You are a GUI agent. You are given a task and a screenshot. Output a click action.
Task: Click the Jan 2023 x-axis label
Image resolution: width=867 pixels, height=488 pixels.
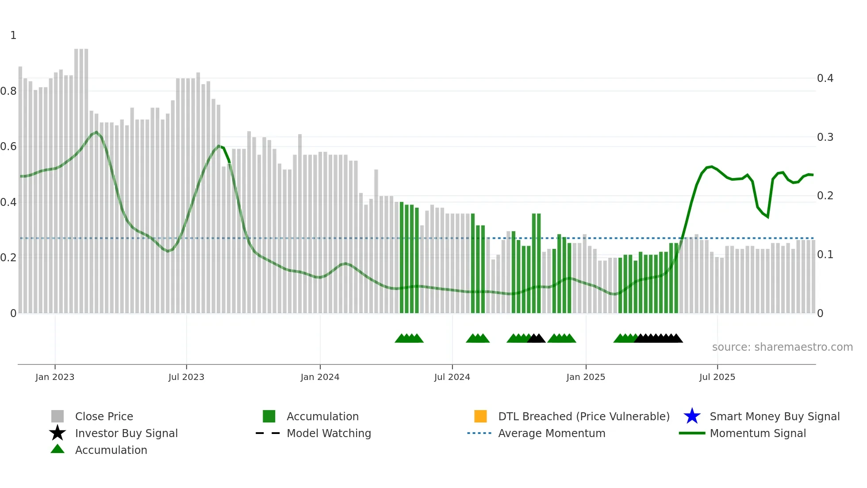[x=55, y=377]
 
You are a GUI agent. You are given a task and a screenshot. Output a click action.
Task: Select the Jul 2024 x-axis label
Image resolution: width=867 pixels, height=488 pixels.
[x=452, y=377]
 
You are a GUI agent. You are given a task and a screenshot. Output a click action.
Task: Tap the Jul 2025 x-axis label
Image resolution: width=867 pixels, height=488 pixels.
[x=717, y=377]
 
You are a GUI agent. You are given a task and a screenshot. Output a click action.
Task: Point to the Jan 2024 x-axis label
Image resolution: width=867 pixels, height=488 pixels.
[x=320, y=377]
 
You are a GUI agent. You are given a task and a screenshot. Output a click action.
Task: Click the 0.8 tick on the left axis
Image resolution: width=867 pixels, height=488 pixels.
[x=8, y=91]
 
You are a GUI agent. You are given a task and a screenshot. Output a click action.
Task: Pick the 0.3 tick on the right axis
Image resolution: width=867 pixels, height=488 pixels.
[x=825, y=137]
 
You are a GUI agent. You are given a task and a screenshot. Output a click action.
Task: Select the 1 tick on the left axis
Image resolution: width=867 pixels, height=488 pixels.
[x=13, y=35]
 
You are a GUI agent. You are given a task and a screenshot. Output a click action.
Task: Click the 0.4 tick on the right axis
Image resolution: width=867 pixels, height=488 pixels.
[x=825, y=78]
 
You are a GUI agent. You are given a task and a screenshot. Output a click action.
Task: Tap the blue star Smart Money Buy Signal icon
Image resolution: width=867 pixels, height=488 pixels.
[x=692, y=416]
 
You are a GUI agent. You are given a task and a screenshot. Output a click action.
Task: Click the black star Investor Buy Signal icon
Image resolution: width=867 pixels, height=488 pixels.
[x=58, y=433]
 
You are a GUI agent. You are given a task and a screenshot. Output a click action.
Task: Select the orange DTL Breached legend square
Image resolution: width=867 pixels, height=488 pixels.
[x=480, y=416]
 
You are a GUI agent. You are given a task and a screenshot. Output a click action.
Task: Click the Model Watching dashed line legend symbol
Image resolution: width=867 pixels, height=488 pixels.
[x=268, y=433]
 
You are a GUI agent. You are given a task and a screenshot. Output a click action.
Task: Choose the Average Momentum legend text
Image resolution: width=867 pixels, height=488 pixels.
[x=552, y=433]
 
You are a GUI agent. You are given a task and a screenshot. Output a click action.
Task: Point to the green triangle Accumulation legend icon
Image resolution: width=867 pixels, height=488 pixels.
[x=58, y=449]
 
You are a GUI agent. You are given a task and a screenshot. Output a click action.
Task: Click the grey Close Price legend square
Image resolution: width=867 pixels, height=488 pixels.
[x=58, y=416]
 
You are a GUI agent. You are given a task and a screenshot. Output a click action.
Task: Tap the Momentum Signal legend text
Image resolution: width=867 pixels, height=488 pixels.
[x=758, y=433]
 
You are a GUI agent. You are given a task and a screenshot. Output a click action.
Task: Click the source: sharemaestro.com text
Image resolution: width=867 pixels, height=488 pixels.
[x=782, y=347]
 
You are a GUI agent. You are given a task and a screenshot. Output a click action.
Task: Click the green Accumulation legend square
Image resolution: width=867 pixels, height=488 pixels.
[x=269, y=416]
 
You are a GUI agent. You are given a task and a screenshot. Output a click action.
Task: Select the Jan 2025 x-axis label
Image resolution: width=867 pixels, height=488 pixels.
[x=586, y=377]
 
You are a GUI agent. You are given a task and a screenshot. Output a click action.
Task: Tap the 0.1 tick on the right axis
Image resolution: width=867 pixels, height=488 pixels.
[x=825, y=255]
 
